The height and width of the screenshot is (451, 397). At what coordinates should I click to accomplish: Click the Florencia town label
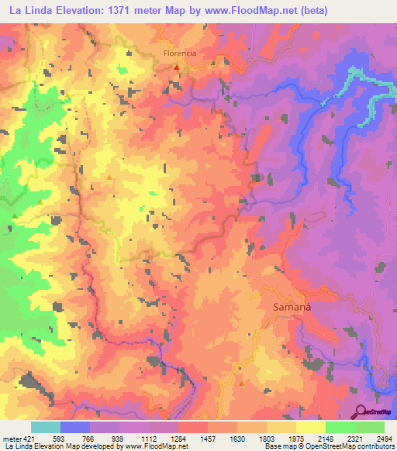pyautogui.click(x=179, y=54)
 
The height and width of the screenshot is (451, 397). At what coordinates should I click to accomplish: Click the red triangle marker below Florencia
pyautogui.click(x=177, y=67)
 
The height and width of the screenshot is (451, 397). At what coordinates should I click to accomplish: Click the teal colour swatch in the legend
pyautogui.click(x=46, y=427)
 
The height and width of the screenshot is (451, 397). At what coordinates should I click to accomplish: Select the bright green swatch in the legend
pyautogui.click(x=340, y=427)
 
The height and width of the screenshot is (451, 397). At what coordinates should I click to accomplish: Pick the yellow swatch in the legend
pyautogui.click(x=310, y=427)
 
